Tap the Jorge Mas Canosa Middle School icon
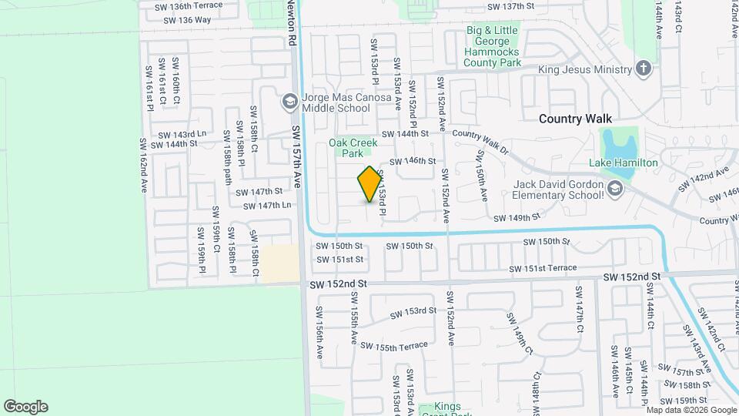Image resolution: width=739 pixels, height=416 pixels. (x=289, y=101)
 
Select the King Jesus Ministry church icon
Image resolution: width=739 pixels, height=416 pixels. (x=644, y=69)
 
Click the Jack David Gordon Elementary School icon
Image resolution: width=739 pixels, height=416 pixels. (x=614, y=189)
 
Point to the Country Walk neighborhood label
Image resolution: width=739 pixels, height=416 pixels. (x=575, y=119)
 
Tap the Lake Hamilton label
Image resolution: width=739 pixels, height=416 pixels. (x=623, y=163)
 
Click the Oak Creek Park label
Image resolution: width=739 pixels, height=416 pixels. (x=353, y=147)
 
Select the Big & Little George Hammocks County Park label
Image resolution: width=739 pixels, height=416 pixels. (x=492, y=46)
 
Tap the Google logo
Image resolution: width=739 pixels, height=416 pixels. (x=25, y=406)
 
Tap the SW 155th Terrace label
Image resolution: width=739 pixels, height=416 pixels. (x=393, y=347)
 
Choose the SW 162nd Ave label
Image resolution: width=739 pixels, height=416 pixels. (x=143, y=165)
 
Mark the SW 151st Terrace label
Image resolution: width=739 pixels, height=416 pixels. (x=542, y=268)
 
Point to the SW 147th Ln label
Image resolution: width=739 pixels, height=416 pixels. (x=266, y=206)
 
